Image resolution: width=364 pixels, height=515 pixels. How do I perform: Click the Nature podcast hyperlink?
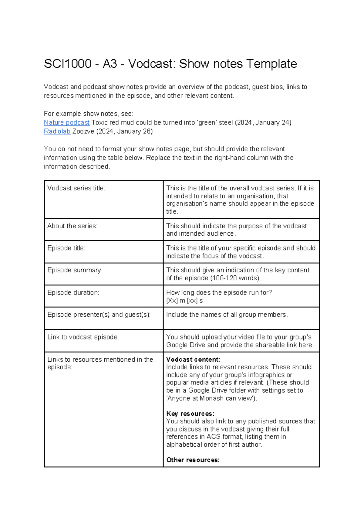tap(66, 122)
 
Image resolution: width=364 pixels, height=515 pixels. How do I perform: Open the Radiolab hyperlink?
tap(57, 131)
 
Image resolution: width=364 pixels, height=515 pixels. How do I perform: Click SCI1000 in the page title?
tap(68, 64)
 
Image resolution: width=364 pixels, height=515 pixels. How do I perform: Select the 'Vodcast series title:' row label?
tap(76, 188)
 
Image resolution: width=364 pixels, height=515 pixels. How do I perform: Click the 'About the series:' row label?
tap(72, 226)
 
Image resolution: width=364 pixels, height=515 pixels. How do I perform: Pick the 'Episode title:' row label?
tap(66, 248)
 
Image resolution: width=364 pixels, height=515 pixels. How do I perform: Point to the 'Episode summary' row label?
tap(74, 270)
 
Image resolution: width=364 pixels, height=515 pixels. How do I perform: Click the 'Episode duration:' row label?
tap(73, 292)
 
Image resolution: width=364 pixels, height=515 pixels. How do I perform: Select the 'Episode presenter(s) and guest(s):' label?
tap(99, 315)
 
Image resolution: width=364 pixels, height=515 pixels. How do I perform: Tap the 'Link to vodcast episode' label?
tap(82, 337)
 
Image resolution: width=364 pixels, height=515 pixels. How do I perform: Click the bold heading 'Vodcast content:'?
tap(193, 360)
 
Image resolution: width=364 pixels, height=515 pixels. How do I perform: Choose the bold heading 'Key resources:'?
tap(190, 414)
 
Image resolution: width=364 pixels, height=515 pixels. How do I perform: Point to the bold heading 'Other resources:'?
tap(193, 460)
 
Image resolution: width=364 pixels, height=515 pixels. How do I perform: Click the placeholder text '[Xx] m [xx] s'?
tap(184, 301)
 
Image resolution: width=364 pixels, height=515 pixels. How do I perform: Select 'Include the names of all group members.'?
tap(227, 315)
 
